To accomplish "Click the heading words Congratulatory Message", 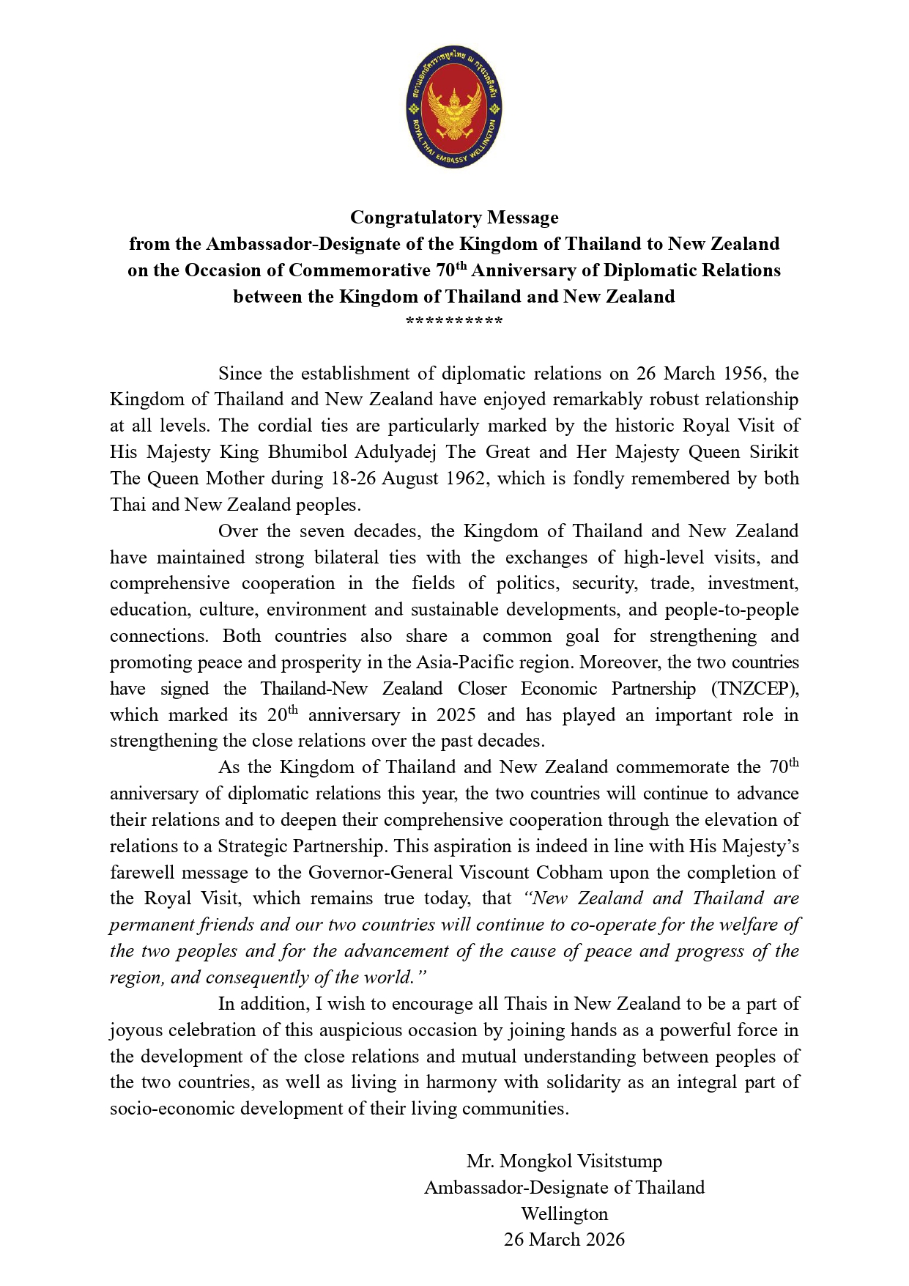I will point(454,218).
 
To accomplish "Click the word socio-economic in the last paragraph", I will point(172,1109).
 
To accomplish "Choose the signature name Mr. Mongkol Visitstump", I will point(564,1161).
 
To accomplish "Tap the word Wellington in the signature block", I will point(564,1214).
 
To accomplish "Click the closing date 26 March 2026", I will point(564,1240).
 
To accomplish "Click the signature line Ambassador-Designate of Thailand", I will point(564,1188).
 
